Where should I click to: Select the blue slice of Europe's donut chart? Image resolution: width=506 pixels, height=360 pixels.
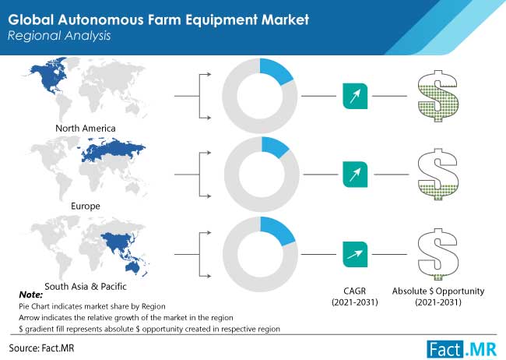tap(275, 146)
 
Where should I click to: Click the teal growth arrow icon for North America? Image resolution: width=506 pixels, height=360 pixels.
tap(355, 96)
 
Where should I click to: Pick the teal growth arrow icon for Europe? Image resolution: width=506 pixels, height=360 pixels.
tap(355, 175)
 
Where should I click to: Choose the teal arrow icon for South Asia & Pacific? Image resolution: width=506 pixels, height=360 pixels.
tap(355, 254)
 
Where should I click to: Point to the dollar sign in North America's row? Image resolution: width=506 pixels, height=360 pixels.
tap(437, 96)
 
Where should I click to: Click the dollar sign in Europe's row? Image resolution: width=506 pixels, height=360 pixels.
tap(437, 175)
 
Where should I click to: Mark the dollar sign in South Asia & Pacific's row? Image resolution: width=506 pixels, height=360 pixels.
tap(437, 254)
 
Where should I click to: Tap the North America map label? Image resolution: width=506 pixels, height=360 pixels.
tap(86, 129)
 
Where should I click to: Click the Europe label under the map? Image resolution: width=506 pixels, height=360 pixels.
tap(86, 206)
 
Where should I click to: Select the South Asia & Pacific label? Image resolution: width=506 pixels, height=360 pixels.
tap(86, 286)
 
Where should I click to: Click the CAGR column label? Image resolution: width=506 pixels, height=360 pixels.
tap(355, 297)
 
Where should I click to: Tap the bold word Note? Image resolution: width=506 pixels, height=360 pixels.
tap(31, 295)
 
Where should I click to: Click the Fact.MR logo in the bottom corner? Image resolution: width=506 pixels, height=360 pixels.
tap(462, 350)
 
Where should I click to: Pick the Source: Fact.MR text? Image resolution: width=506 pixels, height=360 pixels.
tap(41, 348)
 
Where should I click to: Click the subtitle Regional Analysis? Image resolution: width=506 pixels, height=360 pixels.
tap(59, 36)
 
